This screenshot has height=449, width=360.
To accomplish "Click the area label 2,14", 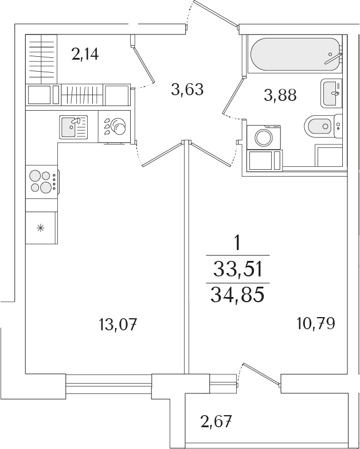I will (85, 55).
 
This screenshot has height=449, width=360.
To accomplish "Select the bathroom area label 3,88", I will (280, 95).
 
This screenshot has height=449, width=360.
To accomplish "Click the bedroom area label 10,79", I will (316, 323).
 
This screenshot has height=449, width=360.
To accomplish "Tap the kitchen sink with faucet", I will (73, 126).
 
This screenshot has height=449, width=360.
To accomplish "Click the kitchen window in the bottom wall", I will (109, 379).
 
